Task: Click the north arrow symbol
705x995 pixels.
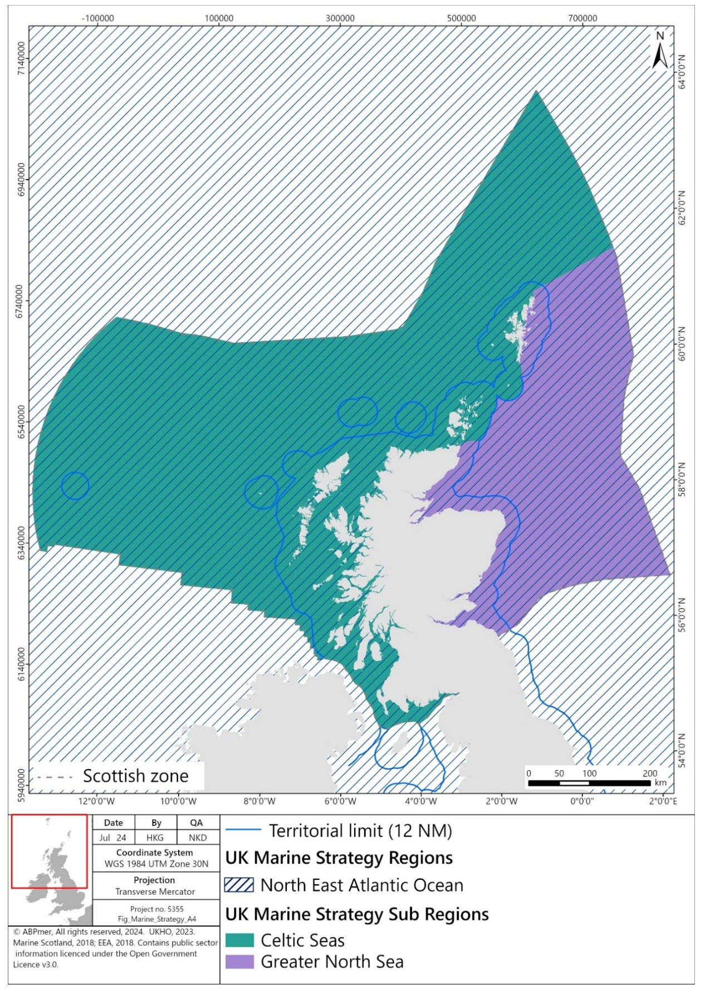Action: click(660, 51)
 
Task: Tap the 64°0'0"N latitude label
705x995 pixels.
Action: click(682, 72)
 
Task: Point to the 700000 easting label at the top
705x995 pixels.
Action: click(582, 18)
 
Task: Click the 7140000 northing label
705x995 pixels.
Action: click(21, 58)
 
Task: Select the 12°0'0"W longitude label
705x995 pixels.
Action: click(96, 801)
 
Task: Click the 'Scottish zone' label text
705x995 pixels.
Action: click(136, 776)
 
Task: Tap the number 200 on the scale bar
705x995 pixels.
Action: click(649, 773)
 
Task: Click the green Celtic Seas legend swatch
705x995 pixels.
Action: click(239, 940)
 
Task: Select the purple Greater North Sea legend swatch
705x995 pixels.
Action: click(239, 962)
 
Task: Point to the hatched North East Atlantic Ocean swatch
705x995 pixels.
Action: click(239, 885)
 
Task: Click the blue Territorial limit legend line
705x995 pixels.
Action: click(243, 830)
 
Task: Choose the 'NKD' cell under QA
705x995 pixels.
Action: click(198, 838)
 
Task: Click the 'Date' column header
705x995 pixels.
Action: click(114, 822)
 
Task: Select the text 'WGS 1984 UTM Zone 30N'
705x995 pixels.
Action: click(156, 864)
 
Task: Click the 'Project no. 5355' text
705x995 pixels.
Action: click(156, 909)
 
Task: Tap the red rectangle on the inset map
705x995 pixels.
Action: click(50, 851)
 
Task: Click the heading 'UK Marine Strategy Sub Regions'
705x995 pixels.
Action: click(357, 914)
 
